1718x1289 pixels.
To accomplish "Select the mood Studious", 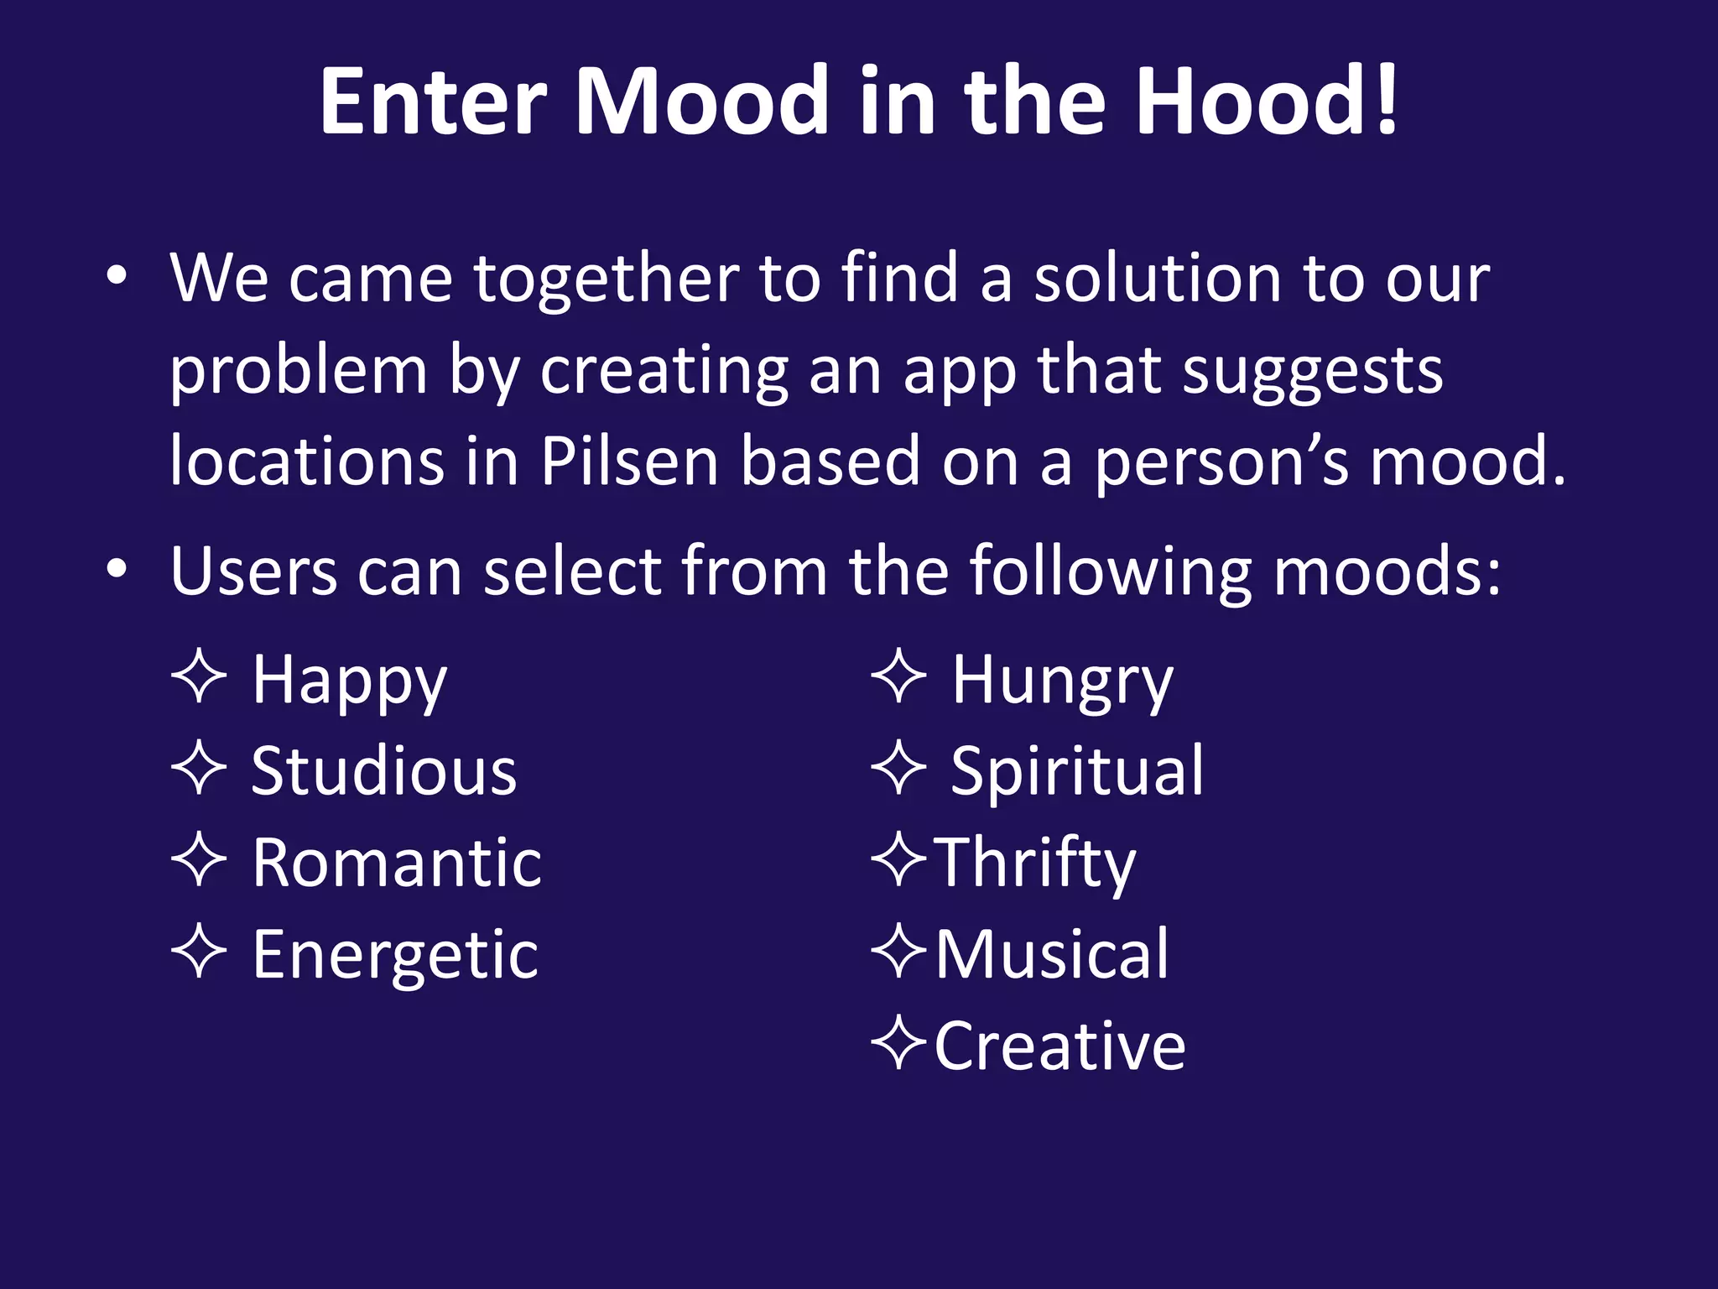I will (384, 771).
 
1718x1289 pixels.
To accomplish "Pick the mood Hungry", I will (1062, 681).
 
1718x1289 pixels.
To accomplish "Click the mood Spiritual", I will (1077, 771).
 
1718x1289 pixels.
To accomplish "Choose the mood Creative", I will (1060, 1046).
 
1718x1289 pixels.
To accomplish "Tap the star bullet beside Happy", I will (199, 676).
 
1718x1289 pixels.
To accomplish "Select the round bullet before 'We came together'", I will (117, 276).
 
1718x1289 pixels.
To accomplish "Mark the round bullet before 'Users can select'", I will (117, 570).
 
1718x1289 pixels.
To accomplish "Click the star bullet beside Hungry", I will (899, 676).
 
